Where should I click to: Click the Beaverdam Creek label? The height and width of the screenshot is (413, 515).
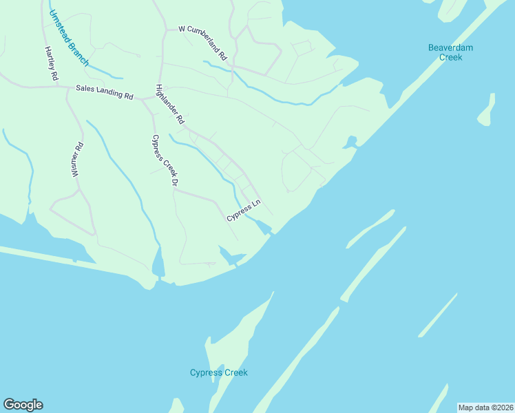pos(450,52)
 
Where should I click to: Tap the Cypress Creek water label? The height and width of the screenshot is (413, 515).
pos(218,373)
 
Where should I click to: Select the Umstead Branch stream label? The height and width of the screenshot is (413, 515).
pos(69,39)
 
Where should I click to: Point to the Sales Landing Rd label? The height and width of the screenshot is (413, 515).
pos(104,92)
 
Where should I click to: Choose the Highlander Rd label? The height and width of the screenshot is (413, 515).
pos(170,104)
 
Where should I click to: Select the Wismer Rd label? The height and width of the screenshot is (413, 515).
pos(78,160)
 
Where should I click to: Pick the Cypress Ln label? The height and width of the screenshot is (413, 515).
pos(244,211)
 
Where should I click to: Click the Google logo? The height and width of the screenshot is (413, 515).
pos(23,405)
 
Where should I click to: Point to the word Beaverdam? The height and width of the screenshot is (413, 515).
pos(450,47)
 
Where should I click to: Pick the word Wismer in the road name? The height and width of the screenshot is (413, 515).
pos(77,165)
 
